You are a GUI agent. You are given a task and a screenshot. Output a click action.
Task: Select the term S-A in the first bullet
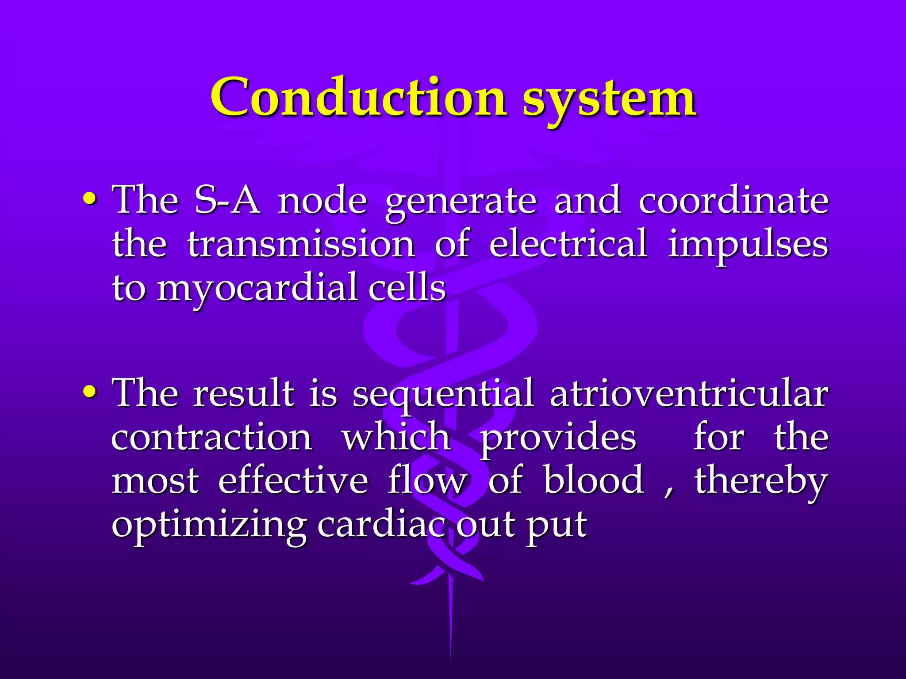(x=227, y=200)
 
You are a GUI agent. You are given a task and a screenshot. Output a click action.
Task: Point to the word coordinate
(x=733, y=200)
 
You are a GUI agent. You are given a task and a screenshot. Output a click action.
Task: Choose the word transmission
(x=301, y=244)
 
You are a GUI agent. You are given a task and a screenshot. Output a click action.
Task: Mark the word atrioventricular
(x=688, y=393)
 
